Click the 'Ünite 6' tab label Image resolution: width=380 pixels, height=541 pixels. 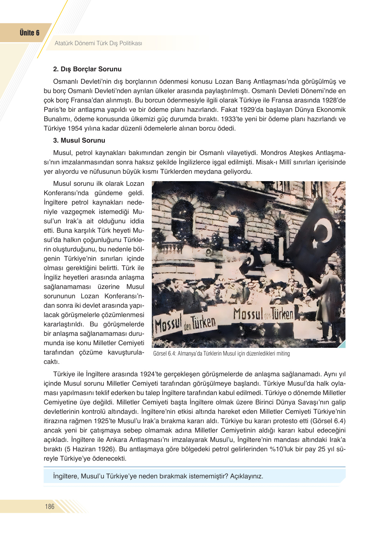(29, 33)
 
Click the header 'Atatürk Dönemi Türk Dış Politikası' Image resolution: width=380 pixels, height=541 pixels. (98, 43)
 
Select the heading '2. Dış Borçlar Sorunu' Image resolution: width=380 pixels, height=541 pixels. (87, 69)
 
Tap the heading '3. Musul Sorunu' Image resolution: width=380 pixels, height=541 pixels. (79, 141)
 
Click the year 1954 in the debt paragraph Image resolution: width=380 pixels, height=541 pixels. (75, 129)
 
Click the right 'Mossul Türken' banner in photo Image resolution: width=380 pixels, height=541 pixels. (263, 314)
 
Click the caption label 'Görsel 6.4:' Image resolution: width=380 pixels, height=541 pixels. (165, 354)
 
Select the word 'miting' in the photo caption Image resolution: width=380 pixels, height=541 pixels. (283, 354)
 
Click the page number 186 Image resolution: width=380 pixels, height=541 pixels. (50, 507)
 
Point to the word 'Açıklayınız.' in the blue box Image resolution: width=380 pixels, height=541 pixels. (246, 476)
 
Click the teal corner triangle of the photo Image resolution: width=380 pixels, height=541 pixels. (342, 344)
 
